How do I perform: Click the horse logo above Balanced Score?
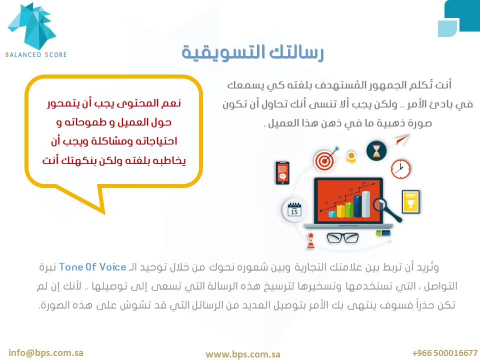point(32,26)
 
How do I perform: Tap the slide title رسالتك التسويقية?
point(252,52)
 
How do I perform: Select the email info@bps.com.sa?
point(46,352)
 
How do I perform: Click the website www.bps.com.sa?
point(243,354)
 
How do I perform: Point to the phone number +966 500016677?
point(445,353)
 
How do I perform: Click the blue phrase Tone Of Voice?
point(92,267)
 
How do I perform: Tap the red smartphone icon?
point(282,173)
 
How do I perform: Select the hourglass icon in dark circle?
point(376,150)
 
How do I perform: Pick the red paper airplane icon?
point(402,140)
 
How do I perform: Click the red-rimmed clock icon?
point(400,169)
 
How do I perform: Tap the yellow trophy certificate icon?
point(410,201)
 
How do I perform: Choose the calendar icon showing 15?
point(294,209)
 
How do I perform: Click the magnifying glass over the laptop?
point(385,209)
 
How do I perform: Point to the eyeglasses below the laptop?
point(342,238)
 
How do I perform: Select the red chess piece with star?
point(310,240)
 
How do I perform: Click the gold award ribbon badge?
point(351,156)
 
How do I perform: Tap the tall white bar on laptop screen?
point(365,204)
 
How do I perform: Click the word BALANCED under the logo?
point(23,55)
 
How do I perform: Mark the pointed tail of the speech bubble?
point(104,213)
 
